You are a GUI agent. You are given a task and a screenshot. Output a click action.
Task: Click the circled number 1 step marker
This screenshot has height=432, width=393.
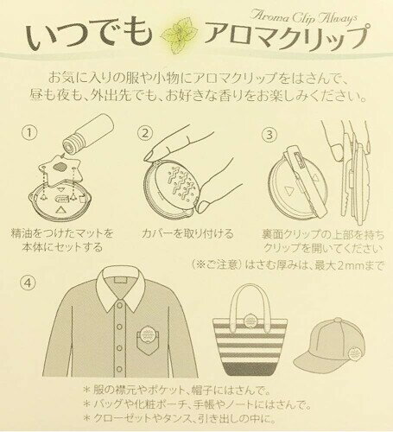point(29,133)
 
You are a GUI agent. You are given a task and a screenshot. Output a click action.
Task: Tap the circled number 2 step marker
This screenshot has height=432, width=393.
point(145,133)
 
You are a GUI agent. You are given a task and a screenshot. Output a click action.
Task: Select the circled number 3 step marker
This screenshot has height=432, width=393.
point(269,135)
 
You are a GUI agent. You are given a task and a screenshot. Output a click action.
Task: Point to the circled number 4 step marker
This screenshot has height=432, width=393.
point(28,283)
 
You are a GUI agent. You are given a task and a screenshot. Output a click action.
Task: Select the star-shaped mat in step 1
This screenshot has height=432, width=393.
point(61,169)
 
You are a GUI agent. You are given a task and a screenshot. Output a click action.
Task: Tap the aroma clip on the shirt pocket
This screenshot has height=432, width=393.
point(148,334)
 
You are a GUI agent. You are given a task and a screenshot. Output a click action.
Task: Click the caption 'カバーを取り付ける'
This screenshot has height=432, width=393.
point(187,233)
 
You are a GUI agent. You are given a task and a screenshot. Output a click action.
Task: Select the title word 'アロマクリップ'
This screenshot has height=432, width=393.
point(287,38)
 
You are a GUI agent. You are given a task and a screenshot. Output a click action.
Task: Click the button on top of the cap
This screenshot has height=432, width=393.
point(338,320)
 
